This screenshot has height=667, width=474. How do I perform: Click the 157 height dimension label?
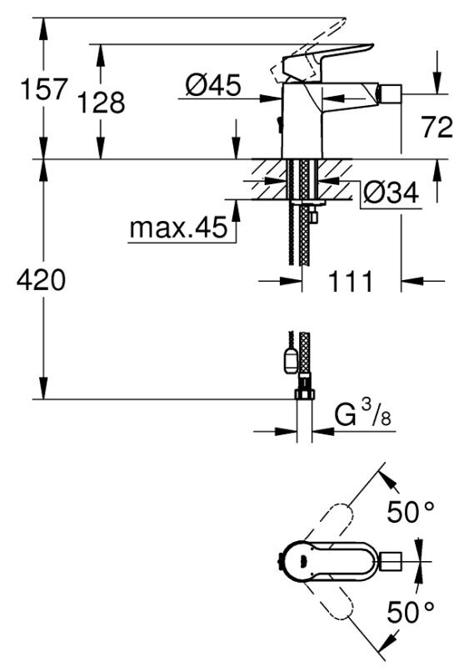(x=44, y=89)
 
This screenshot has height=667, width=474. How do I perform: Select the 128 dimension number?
(x=101, y=102)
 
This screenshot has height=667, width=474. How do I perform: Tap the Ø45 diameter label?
(x=213, y=85)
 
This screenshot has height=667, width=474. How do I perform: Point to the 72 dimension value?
(x=437, y=127)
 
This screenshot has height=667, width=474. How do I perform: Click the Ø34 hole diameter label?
(x=391, y=193)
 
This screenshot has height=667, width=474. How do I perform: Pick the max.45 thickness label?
(x=178, y=228)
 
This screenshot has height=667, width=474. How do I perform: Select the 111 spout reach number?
(x=350, y=281)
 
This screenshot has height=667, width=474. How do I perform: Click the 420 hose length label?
(x=42, y=280)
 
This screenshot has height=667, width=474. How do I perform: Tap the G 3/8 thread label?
(x=363, y=414)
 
